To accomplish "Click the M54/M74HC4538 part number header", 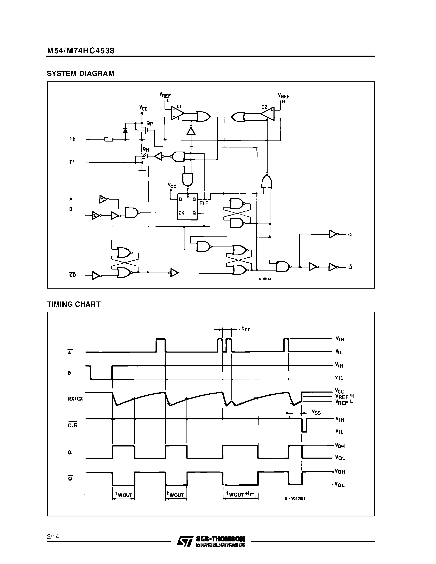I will pos(81,51).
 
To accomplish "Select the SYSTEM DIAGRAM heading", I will pos(81,74).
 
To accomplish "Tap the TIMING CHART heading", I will pos(74,304).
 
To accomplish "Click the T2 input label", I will pos(72,140).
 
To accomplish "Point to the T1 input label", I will pos(72,162).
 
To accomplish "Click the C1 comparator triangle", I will pos(177,113).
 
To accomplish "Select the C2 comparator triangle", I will pos(268,114).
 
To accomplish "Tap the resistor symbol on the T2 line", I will pos(109,140).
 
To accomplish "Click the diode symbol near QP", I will pos(126,131).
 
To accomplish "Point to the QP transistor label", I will pos(150,124).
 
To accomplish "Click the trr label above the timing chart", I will pos(246,329).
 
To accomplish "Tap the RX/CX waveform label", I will pos(75,399).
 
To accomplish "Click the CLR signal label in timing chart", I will pos(73,425).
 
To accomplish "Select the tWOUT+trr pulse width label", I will pos(240,494).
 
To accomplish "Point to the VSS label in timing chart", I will pos(316,412).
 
